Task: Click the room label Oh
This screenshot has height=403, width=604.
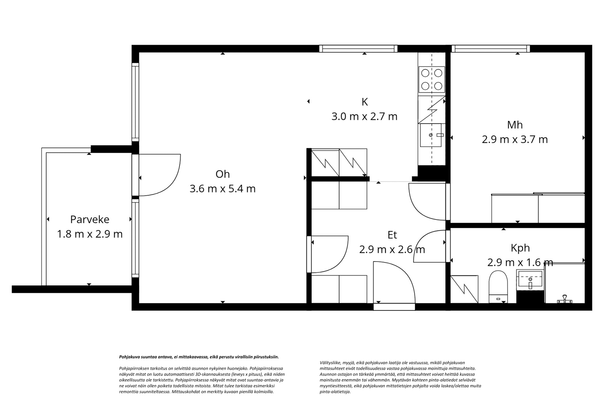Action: point(222,174)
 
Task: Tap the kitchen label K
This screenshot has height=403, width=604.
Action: point(365,102)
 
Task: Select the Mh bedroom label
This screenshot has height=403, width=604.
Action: point(515,125)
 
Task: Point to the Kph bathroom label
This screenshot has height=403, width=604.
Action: point(520,248)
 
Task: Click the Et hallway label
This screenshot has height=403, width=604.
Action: point(392,235)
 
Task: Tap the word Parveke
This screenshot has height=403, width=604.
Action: point(90,219)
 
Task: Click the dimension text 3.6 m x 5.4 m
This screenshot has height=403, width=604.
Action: point(222,189)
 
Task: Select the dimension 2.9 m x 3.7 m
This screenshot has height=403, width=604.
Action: point(515,139)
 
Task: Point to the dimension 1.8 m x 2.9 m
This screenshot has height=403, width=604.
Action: point(90,234)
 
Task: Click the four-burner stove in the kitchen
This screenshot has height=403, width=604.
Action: point(431,80)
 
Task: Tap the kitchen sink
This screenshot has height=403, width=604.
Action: point(431,135)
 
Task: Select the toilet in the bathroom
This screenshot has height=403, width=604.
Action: point(498,287)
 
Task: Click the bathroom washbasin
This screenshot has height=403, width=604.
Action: point(530,280)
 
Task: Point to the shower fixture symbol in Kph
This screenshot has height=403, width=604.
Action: point(564,299)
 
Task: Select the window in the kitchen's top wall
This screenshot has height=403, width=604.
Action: point(358,49)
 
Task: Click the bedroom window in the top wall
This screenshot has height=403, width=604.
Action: point(491,49)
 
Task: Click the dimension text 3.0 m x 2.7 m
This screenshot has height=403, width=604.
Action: point(365,116)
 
